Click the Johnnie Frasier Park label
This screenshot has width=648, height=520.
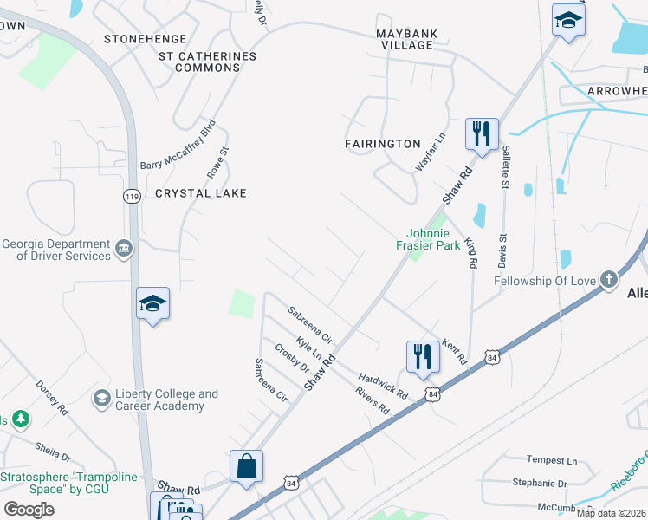(434, 239)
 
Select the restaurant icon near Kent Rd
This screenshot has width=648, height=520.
(422, 357)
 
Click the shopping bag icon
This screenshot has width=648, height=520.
(247, 466)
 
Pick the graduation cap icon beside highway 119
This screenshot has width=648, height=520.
(152, 304)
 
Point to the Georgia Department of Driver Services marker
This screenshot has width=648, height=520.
(124, 250)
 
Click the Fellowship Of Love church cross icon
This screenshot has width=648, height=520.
(609, 281)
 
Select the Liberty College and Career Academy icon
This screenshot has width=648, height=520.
(102, 399)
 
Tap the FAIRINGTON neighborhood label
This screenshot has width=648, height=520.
(382, 144)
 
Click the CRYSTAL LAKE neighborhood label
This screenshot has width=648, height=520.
(201, 193)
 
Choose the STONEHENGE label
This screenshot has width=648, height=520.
(145, 39)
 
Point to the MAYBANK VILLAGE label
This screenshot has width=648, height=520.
(407, 39)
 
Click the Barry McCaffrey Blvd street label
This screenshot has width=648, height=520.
(178, 145)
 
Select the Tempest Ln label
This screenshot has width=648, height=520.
(552, 460)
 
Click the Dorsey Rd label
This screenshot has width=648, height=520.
(51, 393)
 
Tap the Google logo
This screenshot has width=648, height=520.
(29, 509)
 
